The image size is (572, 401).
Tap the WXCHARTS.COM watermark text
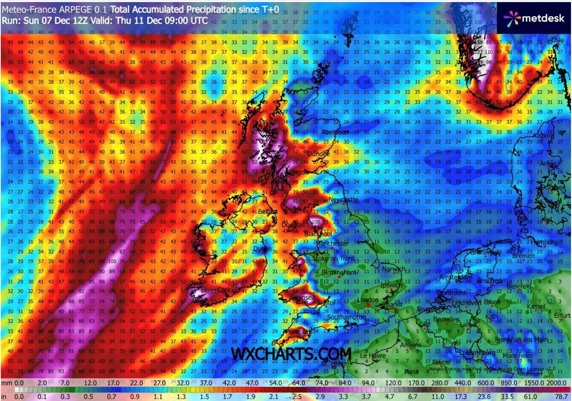(291, 354)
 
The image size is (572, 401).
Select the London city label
(368, 300)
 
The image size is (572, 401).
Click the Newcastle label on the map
(343, 200)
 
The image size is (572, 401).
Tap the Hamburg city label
(543, 242)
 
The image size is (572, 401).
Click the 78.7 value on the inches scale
(560, 395)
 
